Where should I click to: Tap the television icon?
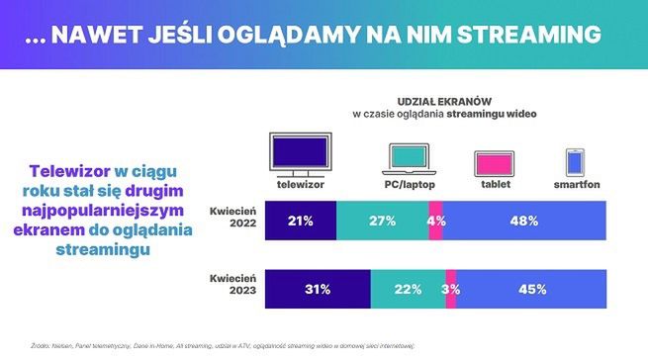300,154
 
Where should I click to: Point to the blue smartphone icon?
576,162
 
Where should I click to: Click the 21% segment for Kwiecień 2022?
301,219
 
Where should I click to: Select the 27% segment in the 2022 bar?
383,219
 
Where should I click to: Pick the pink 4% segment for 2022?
435,219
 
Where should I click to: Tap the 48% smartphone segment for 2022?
524,219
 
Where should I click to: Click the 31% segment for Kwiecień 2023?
318,289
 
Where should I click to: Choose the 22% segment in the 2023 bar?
408,289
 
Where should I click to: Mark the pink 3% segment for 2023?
452,289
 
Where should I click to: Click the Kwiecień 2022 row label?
235,219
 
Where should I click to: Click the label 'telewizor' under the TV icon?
300,185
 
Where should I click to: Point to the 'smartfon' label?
576,185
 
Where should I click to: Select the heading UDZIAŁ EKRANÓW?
444,102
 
